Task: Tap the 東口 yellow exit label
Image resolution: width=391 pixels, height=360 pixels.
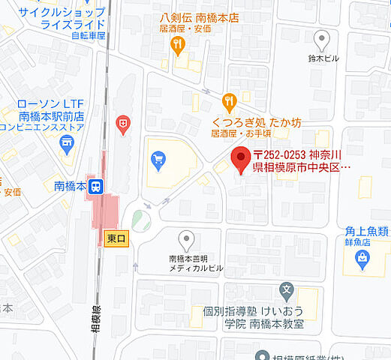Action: point(116,238)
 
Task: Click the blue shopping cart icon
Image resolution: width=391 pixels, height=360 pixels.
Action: point(158,159)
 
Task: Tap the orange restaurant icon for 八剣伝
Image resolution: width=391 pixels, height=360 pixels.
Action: point(177,46)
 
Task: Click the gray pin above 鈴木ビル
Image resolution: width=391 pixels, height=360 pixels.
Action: point(322,38)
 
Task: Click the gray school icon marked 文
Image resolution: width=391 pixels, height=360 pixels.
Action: point(286,289)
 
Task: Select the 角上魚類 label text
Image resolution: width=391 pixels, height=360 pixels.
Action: point(367,232)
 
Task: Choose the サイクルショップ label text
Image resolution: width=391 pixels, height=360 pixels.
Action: point(52,12)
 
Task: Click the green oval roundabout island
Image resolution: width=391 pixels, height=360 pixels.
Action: point(141,220)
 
